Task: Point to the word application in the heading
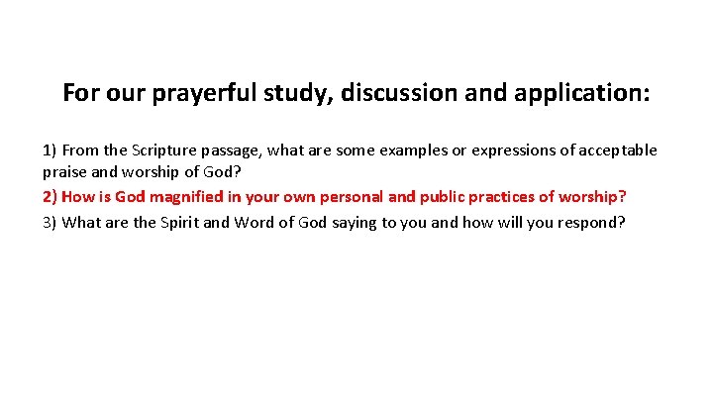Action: [x=571, y=94]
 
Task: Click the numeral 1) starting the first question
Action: [x=50, y=150]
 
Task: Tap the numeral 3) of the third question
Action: [x=50, y=221]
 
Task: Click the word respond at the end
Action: [x=592, y=221]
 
